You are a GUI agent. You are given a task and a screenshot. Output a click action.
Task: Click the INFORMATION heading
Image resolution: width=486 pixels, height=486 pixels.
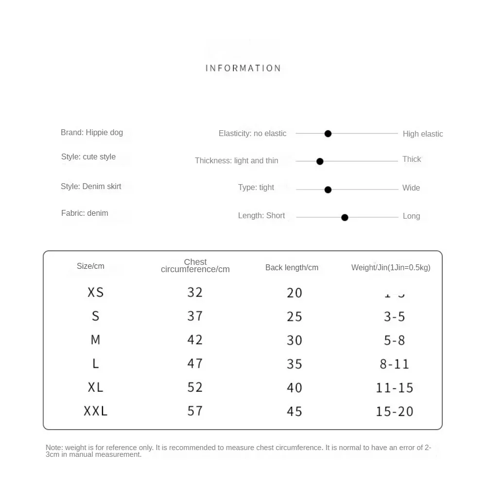coord(243,68)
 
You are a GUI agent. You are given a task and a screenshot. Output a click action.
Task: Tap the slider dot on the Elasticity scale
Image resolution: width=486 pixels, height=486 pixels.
coord(328,134)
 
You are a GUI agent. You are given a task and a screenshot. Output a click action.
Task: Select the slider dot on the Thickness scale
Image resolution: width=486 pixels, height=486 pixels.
coord(320,161)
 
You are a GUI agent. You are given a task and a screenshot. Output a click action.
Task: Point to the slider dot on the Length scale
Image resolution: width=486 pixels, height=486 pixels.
coord(345,218)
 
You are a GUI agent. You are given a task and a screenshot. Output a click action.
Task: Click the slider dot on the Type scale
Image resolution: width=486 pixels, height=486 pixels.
coord(328,190)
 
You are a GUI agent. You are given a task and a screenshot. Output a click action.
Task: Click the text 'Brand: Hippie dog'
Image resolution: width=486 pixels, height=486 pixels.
coord(92,132)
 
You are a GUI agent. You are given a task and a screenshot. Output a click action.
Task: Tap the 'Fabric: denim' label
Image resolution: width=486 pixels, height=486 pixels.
coord(85,213)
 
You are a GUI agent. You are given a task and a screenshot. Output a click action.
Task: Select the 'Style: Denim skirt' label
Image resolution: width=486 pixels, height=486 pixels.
coord(91,186)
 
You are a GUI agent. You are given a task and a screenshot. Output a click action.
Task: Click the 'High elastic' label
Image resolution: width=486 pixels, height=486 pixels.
coord(423,134)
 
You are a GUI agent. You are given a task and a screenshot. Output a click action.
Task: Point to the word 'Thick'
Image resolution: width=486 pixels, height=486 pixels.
coord(412,159)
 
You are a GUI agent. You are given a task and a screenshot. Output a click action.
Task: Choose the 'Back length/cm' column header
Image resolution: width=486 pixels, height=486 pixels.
coord(292,267)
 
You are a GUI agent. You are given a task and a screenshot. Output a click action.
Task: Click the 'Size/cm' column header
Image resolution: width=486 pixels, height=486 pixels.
coord(90,266)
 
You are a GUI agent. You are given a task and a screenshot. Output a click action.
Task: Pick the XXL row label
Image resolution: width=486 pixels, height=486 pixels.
coord(95,411)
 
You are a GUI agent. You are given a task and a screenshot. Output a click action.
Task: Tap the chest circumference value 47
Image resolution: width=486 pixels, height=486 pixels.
coord(195,364)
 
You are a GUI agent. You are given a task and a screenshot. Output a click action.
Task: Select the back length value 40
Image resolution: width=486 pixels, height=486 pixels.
coord(295,388)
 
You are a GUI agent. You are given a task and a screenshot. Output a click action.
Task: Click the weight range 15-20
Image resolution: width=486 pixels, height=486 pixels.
coord(395,412)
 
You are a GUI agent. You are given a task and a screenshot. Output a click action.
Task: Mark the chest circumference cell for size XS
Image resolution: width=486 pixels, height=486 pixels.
coord(195,292)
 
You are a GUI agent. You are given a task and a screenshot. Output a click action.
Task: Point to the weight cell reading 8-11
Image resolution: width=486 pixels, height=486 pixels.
coord(395,364)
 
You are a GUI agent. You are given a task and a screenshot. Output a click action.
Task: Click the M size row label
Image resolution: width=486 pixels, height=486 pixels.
coord(95,340)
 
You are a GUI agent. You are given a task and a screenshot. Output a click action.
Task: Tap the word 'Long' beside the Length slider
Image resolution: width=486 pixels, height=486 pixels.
coord(411,216)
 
